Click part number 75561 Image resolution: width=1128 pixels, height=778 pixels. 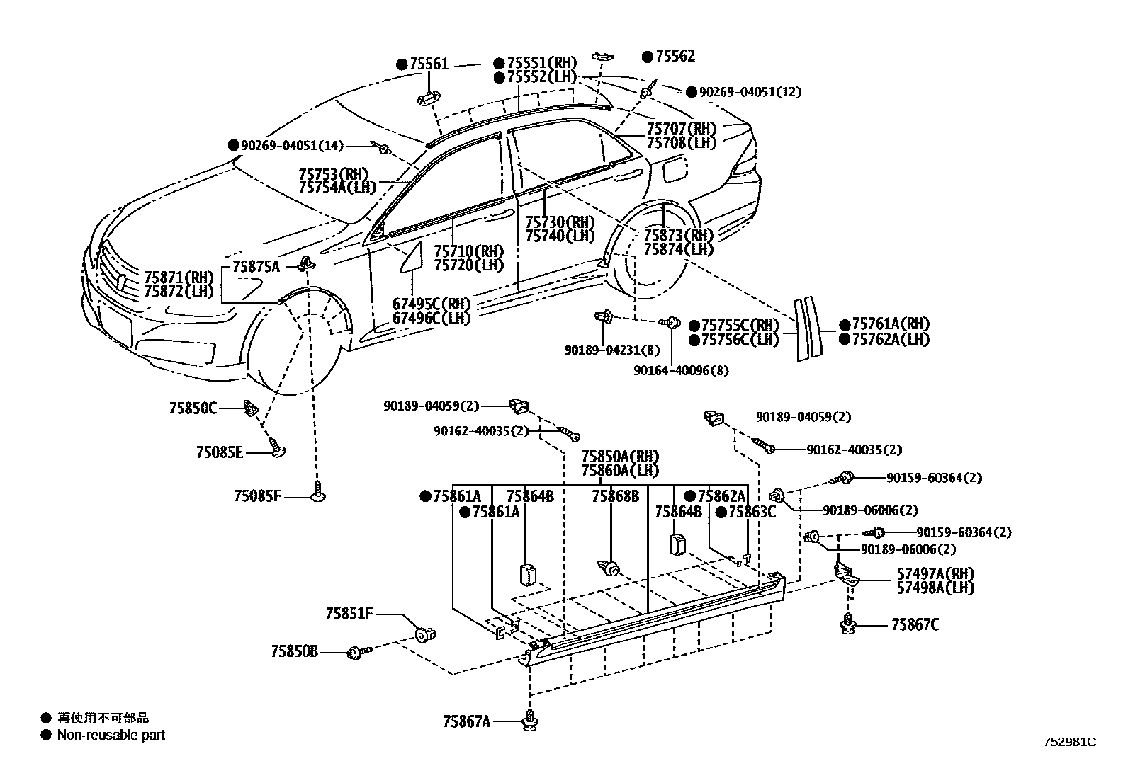click(429, 64)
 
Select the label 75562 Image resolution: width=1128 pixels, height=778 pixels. click(675, 57)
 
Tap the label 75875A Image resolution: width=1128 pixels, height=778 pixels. click(256, 266)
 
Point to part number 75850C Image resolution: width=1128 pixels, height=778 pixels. click(193, 408)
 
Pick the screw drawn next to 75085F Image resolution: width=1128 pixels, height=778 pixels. click(318, 491)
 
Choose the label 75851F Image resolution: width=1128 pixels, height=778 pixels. click(349, 613)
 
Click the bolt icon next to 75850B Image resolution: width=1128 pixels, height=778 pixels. click(357, 652)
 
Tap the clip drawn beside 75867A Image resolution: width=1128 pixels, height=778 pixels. click(529, 719)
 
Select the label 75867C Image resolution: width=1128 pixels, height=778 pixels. click(915, 624)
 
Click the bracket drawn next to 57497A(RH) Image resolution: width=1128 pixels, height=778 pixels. click(845, 573)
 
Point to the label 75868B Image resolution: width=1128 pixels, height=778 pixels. click(615, 496)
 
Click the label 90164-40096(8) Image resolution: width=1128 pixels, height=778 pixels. click(682, 370)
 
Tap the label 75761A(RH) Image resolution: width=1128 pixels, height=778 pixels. click(891, 324)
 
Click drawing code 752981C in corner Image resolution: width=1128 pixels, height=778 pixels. click(1069, 742)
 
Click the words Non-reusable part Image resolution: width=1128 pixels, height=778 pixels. click(111, 735)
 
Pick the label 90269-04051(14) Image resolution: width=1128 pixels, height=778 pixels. click(291, 146)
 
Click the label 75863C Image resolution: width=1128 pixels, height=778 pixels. click(751, 512)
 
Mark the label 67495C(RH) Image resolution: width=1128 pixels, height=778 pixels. click(432, 304)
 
